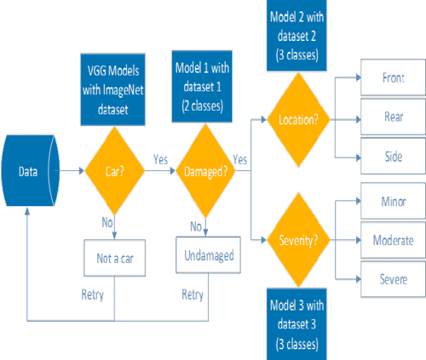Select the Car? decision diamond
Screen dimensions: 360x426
(x=114, y=171)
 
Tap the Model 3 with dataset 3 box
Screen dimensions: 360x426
(x=292, y=323)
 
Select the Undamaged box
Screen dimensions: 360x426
(x=206, y=254)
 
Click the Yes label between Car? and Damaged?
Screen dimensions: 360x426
(x=158, y=159)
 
